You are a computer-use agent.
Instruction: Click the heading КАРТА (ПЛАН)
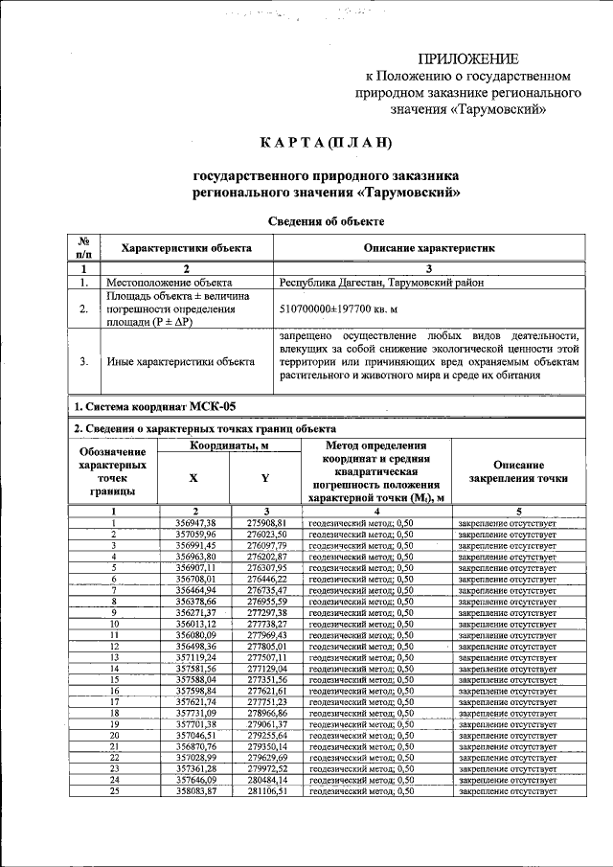pyautogui.click(x=327, y=144)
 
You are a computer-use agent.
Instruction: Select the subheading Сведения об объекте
pyautogui.click(x=326, y=221)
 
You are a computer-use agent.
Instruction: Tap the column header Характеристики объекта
pyautogui.click(x=186, y=248)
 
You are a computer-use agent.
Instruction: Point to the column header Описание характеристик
pyautogui.click(x=429, y=248)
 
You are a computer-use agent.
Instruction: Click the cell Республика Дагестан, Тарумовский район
pyautogui.click(x=381, y=283)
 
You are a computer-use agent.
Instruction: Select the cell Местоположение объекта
pyautogui.click(x=170, y=283)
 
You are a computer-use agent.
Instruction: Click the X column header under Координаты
pyautogui.click(x=194, y=477)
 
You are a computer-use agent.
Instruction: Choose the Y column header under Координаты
pyautogui.click(x=265, y=477)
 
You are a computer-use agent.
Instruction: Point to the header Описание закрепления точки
pyautogui.click(x=519, y=470)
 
